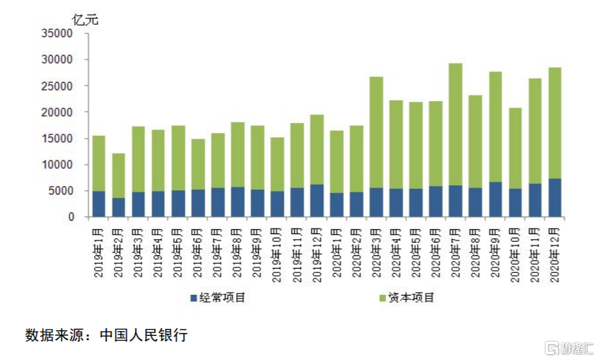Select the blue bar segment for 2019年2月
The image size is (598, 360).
(x=118, y=207)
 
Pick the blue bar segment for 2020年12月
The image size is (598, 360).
(x=554, y=198)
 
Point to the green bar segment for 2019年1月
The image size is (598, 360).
(x=98, y=163)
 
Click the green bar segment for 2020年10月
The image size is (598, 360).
(x=515, y=149)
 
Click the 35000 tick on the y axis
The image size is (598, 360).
(x=59, y=33)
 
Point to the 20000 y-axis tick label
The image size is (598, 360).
(x=59, y=112)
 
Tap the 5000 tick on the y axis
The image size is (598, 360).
(x=61, y=191)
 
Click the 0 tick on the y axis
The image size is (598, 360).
(x=71, y=217)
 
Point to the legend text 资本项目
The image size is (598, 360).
(x=412, y=298)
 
